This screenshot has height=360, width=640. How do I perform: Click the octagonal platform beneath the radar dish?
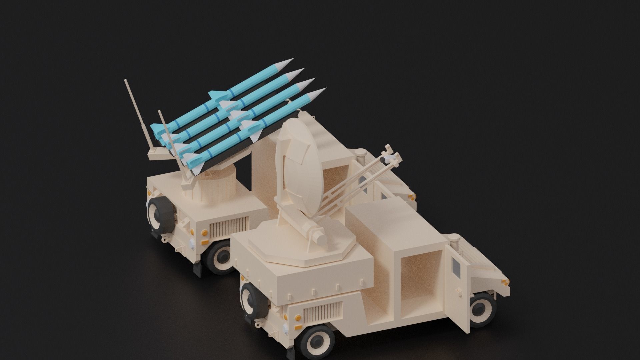pos(300,247)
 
